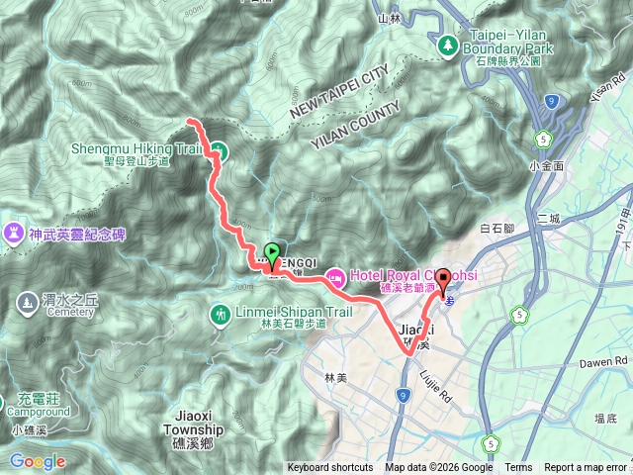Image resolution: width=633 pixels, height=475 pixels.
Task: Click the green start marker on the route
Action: click(x=273, y=252)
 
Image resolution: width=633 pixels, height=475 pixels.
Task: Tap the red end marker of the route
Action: click(x=443, y=280)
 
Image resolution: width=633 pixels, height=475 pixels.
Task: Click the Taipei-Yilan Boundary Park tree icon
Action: click(x=448, y=45)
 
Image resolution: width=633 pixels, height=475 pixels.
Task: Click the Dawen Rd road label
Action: click(x=599, y=362)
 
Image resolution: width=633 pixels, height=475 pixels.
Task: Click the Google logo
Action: click(x=38, y=460)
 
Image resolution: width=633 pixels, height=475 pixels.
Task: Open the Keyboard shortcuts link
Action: click(x=330, y=468)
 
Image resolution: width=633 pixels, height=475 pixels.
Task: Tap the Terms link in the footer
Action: click(x=518, y=468)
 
